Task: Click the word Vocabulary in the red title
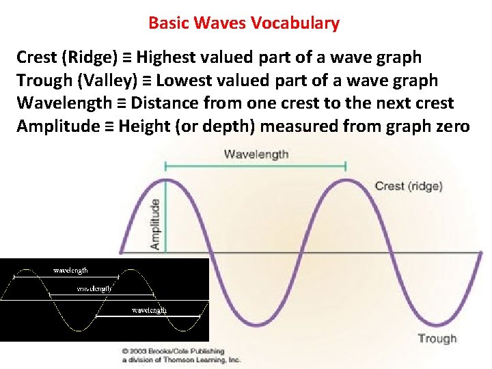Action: pos(295,23)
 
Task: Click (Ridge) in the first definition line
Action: pos(89,57)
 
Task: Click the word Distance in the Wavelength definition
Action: pos(162,104)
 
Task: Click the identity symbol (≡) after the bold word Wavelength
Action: pos(120,104)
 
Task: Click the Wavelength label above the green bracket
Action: pos(256,154)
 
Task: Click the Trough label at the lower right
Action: pos(437,338)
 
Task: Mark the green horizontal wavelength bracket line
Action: pos(256,166)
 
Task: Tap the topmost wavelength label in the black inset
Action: pos(70,271)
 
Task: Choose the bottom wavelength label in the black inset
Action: pos(148,310)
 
